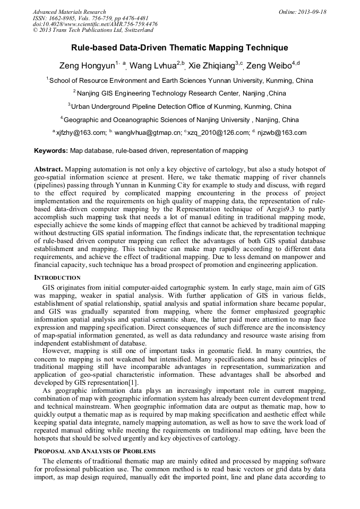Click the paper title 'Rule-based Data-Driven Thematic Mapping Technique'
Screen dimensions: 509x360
click(179, 48)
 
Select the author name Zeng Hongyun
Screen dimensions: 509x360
click(87, 66)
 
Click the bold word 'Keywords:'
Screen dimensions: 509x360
click(51, 151)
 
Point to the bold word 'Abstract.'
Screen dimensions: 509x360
click(48, 168)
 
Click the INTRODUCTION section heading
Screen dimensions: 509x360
click(57, 278)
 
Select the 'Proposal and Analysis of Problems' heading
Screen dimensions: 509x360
click(95, 451)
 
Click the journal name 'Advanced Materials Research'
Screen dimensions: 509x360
click(69, 12)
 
